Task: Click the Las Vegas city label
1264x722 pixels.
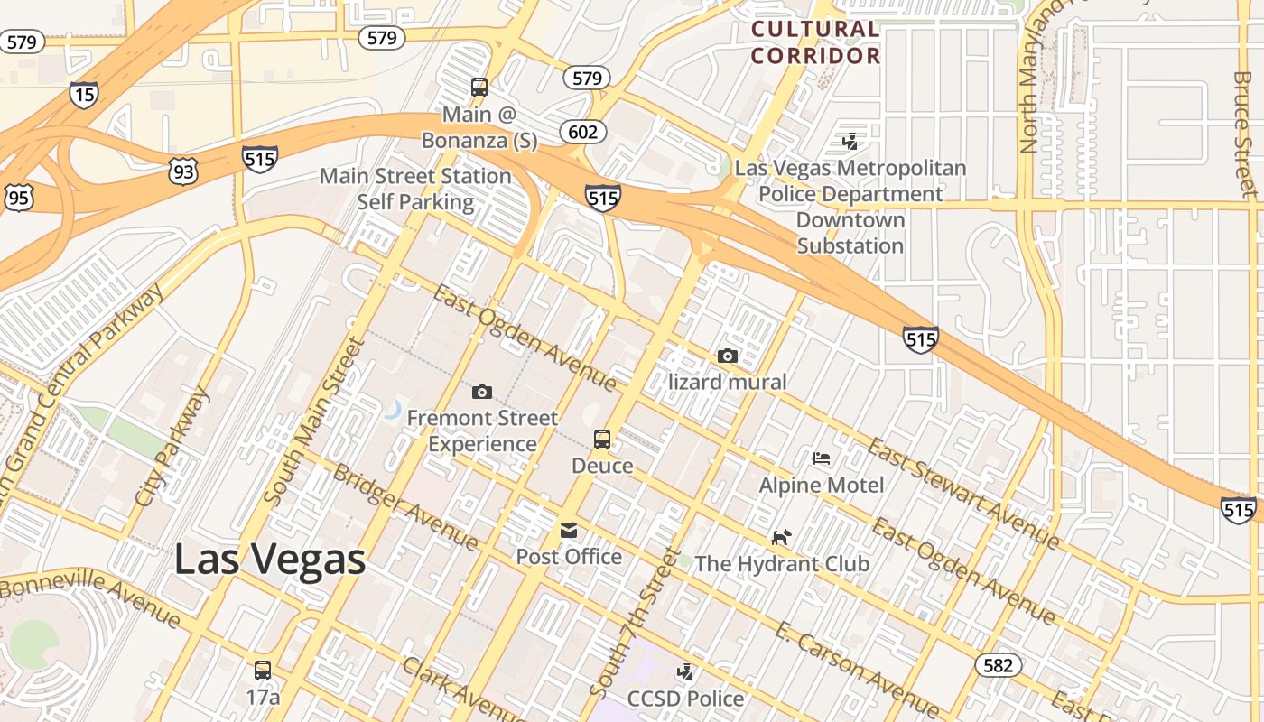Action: pyautogui.click(x=269, y=560)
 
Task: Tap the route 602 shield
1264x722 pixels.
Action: pyautogui.click(x=583, y=133)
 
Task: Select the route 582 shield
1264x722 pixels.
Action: pyautogui.click(x=998, y=666)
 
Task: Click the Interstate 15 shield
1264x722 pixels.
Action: pyautogui.click(x=83, y=95)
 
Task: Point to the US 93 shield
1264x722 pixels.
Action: pyautogui.click(x=182, y=171)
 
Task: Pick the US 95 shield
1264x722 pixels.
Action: pyautogui.click(x=18, y=198)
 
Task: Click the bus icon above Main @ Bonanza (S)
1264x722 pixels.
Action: pyautogui.click(x=479, y=88)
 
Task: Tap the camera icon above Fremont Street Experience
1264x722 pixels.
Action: pyautogui.click(x=482, y=392)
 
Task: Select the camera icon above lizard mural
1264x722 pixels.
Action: pyautogui.click(x=728, y=356)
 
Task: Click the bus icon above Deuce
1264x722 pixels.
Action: pyautogui.click(x=602, y=440)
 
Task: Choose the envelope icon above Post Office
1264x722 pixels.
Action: pyautogui.click(x=569, y=531)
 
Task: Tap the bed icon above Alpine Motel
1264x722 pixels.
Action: pyautogui.click(x=822, y=458)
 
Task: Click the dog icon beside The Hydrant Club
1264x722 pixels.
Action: pyautogui.click(x=781, y=538)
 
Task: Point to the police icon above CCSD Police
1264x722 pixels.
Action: pyautogui.click(x=686, y=672)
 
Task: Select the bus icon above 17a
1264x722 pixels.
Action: pyautogui.click(x=263, y=671)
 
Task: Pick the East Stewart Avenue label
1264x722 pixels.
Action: pyautogui.click(x=963, y=493)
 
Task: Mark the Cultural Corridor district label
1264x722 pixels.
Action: pyautogui.click(x=815, y=42)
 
